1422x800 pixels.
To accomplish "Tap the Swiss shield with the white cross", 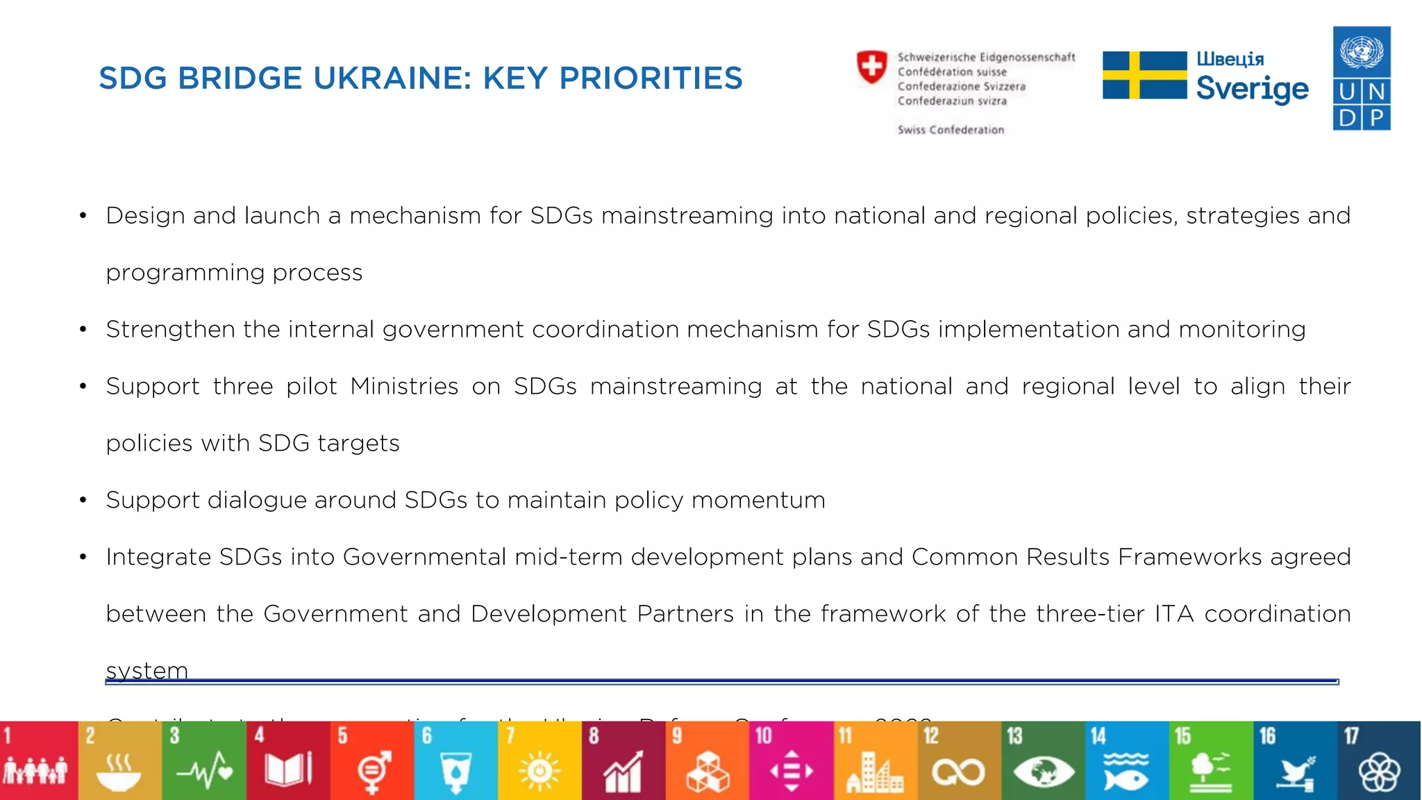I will [x=871, y=67].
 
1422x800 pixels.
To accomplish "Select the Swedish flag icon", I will [x=1144, y=75].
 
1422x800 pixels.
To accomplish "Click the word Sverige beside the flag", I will [x=1252, y=89].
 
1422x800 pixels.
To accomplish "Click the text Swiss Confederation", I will [x=951, y=130].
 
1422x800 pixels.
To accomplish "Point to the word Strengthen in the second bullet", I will [x=170, y=329].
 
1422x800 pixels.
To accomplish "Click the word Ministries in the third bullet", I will [x=404, y=386].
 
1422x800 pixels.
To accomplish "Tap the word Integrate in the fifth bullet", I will [x=158, y=558].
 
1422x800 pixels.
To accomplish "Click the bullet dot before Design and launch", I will [x=83, y=216].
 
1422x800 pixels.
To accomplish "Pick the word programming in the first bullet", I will [x=185, y=273].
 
